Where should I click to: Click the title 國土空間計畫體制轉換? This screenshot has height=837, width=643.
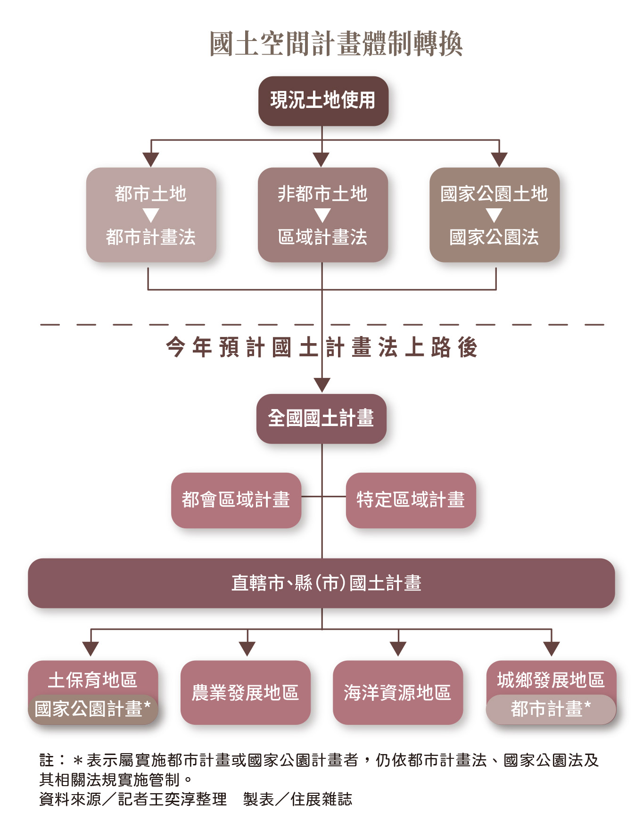tap(336, 44)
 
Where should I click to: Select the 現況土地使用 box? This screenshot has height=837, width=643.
tap(323, 101)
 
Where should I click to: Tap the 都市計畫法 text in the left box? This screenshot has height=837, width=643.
tap(151, 237)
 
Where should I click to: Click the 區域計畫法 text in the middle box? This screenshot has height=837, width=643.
tap(322, 237)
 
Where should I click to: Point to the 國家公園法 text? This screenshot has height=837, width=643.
tap(494, 237)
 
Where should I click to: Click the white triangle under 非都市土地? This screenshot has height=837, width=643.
tap(322, 216)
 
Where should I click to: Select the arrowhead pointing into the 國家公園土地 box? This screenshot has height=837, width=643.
tap(499, 159)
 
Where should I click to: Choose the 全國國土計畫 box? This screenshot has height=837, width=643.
tap(321, 418)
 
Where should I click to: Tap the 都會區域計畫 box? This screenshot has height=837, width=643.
tap(236, 500)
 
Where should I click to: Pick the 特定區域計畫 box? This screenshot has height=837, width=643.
tap(411, 500)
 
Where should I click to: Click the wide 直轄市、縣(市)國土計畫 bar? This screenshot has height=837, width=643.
tap(321, 583)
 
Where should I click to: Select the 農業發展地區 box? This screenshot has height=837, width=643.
tap(245, 692)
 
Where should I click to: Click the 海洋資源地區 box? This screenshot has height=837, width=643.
tap(398, 692)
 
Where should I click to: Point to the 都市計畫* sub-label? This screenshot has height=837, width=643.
tap(551, 709)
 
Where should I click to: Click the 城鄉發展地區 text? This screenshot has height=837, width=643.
tap(551, 680)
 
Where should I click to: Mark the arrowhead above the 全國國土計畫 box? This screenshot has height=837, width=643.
tap(322, 385)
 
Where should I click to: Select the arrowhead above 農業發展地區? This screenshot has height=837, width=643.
tap(247, 648)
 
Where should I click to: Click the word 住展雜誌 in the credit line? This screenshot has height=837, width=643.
tap(321, 799)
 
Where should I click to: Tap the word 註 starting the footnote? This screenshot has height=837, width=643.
tap(46, 760)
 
